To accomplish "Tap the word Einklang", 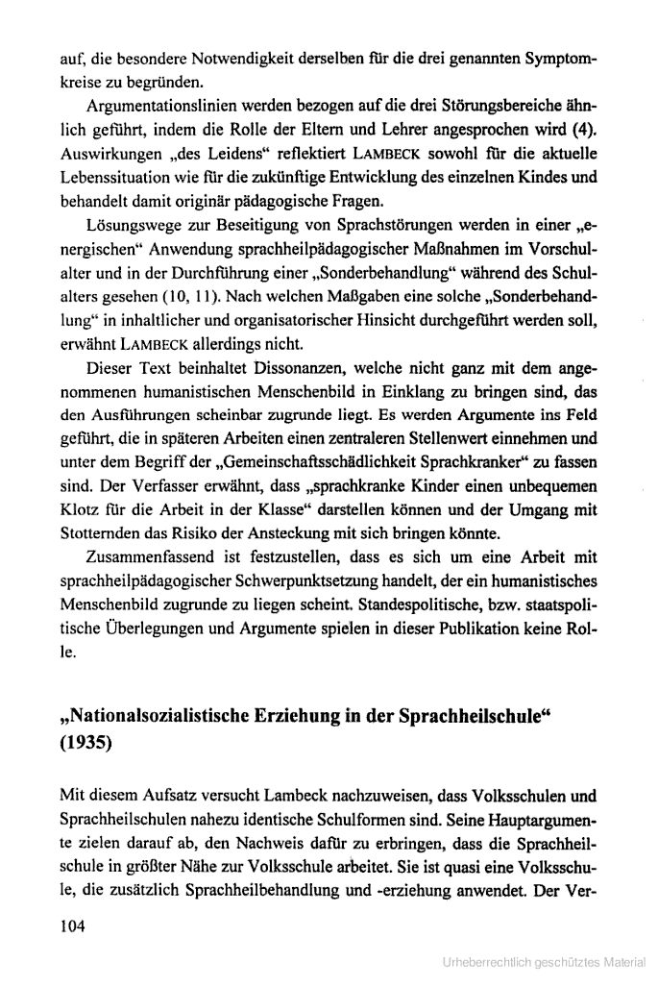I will point(407,390).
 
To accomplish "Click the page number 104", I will point(72,926).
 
